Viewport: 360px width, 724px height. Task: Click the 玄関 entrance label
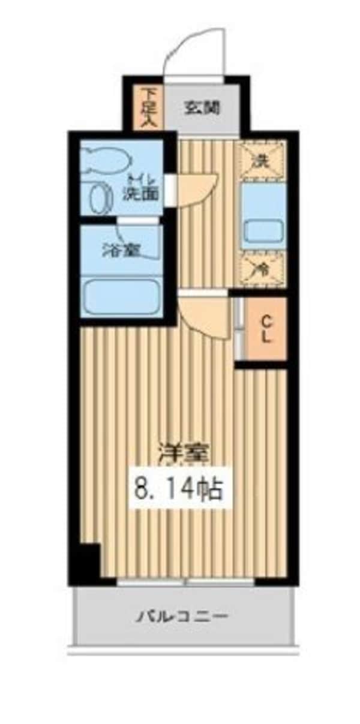[202, 108]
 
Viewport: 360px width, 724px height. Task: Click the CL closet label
[265, 329]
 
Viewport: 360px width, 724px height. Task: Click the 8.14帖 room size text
[180, 489]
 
